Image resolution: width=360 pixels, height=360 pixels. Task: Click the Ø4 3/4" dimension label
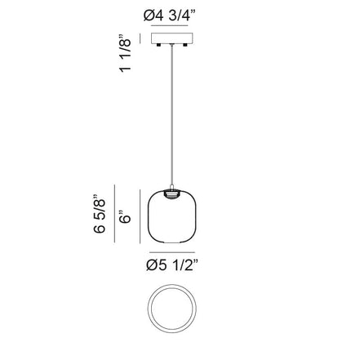(170, 16)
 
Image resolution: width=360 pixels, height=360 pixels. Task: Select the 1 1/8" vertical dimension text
(125, 53)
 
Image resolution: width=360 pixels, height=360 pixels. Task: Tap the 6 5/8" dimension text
(100, 214)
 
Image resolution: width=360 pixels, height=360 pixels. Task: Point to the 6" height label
(125, 216)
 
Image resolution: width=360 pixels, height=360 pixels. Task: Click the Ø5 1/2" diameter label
(172, 265)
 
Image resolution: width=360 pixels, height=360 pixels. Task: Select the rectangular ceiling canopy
(172, 38)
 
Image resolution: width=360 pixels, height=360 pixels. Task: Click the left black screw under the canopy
(158, 45)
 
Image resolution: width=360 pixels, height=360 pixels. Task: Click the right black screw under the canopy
(185, 45)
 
